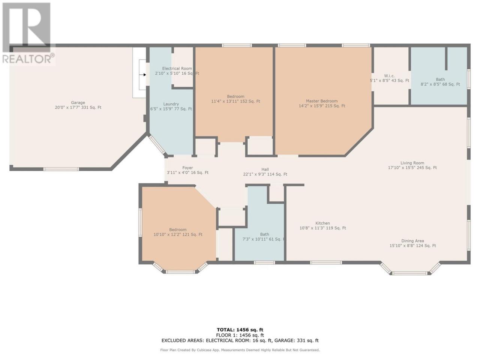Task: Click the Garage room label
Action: (78, 102)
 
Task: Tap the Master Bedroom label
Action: (322, 101)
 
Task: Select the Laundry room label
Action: (171, 104)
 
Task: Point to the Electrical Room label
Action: (177, 68)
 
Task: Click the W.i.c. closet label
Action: (389, 76)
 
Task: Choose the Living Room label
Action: (412, 163)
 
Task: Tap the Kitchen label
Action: (322, 223)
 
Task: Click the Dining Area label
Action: (412, 241)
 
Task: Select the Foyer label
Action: (187, 168)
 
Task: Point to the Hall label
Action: (265, 169)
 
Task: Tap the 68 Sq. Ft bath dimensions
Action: (440, 84)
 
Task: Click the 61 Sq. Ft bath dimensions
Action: (264, 239)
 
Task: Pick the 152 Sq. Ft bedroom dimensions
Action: (235, 101)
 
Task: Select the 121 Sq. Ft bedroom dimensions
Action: (178, 234)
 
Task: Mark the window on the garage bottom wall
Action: (61, 169)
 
